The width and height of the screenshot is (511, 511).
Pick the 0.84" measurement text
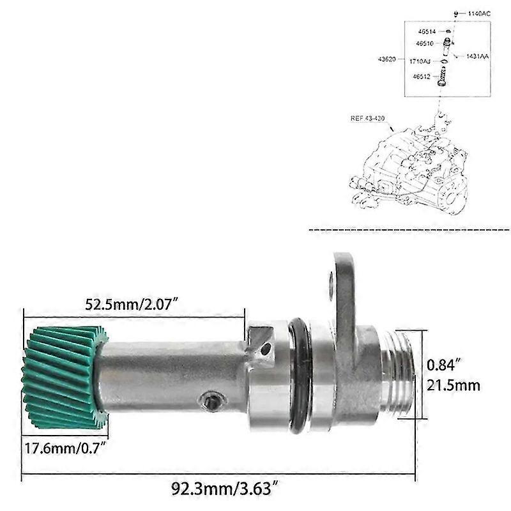click(x=441, y=365)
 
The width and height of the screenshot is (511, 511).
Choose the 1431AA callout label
click(x=477, y=56)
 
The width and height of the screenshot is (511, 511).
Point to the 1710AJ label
click(x=420, y=61)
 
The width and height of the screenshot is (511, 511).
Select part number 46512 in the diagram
click(x=422, y=77)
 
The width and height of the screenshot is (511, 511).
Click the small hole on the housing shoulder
click(x=266, y=349)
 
